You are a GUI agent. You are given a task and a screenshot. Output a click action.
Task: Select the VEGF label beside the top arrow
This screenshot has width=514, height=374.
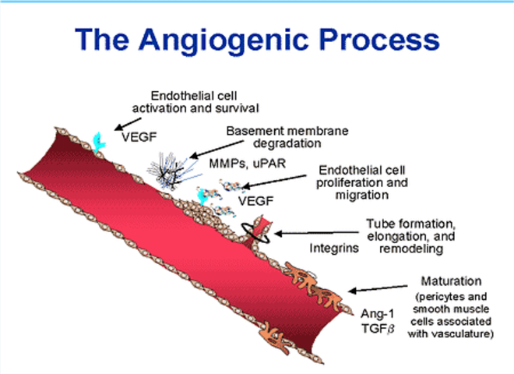click(139, 137)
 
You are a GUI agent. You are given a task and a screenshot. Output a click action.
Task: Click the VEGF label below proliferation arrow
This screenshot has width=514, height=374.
click(255, 201)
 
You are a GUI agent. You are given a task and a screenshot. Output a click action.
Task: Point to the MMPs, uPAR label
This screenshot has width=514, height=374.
click(248, 163)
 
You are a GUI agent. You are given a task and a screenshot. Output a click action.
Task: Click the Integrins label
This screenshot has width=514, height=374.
click(334, 248)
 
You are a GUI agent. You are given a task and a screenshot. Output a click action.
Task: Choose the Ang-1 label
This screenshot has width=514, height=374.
click(377, 314)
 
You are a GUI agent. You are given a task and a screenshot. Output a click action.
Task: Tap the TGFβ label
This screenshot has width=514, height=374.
click(378, 328)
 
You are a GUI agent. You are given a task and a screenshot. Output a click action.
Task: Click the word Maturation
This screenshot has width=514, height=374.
click(451, 281)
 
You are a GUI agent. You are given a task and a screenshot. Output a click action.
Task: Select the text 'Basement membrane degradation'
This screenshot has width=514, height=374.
click(287, 137)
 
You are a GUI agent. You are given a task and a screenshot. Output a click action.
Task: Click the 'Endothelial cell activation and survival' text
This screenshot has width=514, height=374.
click(195, 102)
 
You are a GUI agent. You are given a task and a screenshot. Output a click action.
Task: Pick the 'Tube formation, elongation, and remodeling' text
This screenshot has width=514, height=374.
click(411, 236)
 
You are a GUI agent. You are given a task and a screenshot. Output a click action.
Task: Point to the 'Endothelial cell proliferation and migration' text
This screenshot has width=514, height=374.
click(362, 182)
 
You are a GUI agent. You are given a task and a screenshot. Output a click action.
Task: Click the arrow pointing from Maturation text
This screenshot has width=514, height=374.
click(378, 288)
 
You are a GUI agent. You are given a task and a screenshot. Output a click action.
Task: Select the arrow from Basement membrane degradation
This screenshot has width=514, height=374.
click(217, 150)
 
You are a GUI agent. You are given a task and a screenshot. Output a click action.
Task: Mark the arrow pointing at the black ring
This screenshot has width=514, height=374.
click(316, 233)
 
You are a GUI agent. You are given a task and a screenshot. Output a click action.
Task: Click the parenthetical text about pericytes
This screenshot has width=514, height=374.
click(451, 316)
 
